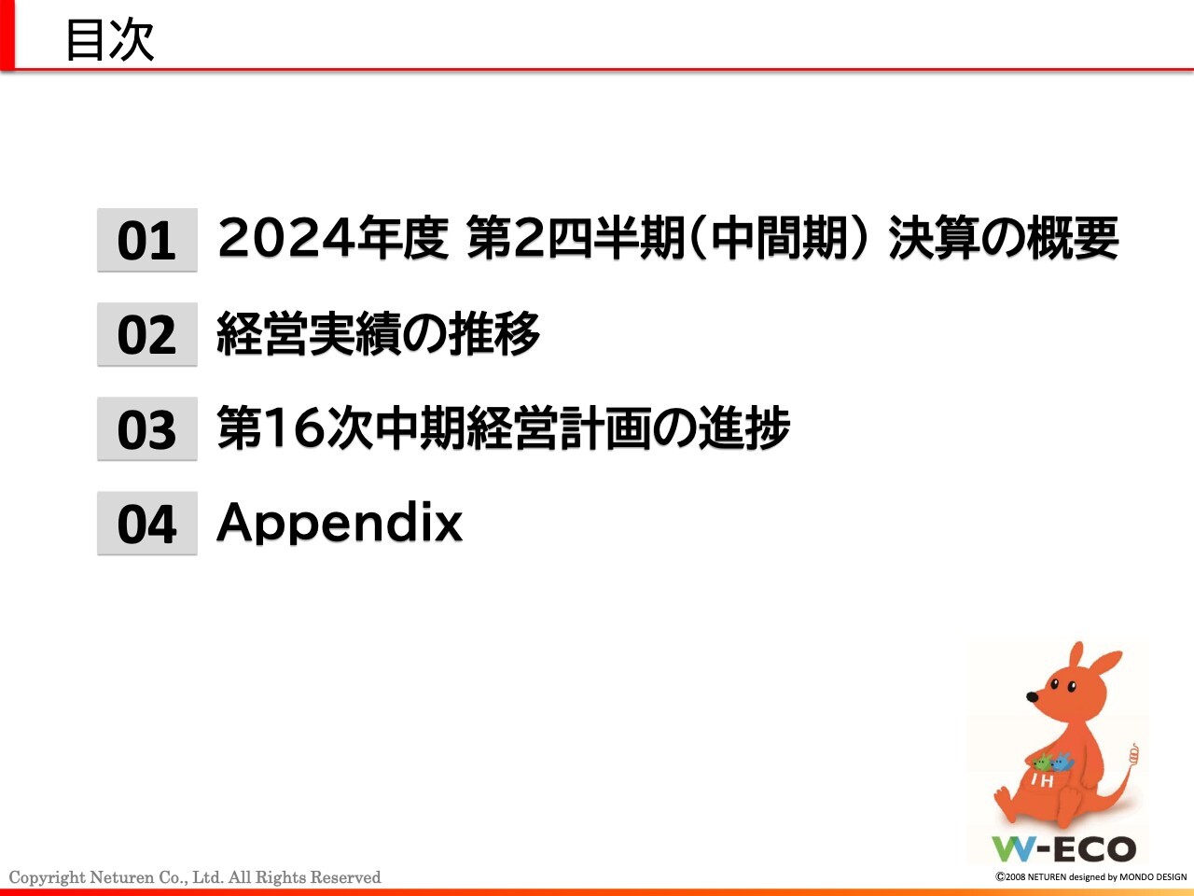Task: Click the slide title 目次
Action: pos(109,40)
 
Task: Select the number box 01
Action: pos(146,241)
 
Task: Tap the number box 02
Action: pos(146,335)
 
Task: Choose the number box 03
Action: pos(146,429)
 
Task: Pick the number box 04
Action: pos(146,524)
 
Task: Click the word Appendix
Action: pos(340,523)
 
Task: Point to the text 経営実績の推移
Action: pos(378,334)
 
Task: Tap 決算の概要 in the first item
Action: pos(1003,238)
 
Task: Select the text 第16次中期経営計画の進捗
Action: pos(504,428)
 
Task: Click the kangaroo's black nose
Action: pos(1033,696)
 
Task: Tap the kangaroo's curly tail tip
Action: pos(1133,754)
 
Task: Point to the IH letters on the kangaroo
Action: pos(1042,780)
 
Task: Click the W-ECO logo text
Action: pos(1063,848)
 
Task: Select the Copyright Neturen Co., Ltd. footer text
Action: pos(195,877)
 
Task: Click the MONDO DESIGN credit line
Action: pos(1090,877)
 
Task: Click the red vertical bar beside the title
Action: pos(7,35)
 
